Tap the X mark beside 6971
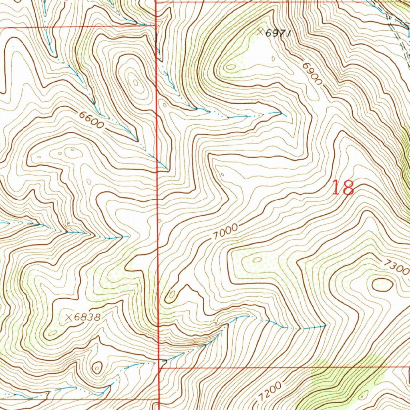tap(261, 31)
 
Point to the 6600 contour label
tap(92, 120)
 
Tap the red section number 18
tap(343, 187)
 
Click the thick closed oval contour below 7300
tap(382, 284)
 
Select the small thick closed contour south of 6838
tap(97, 367)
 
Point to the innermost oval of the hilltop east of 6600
tap(136, 83)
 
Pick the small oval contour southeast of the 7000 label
tap(257, 260)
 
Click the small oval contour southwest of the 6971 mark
tap(230, 67)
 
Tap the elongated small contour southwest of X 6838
tap(52, 333)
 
